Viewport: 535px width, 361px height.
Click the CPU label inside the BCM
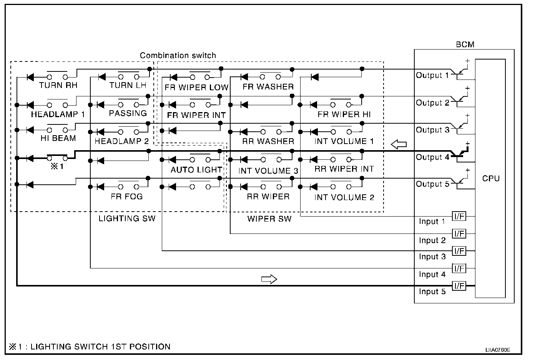click(x=491, y=178)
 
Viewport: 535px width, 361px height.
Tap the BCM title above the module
click(x=465, y=45)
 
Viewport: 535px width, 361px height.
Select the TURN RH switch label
click(x=58, y=85)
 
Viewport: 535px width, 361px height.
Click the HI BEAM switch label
click(x=58, y=138)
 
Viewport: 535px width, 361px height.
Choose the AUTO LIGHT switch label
click(x=196, y=169)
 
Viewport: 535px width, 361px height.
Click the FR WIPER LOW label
click(x=196, y=87)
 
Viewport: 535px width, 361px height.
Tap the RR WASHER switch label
click(x=268, y=141)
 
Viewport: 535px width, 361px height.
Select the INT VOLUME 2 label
click(x=344, y=197)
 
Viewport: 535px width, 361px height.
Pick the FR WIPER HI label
click(x=344, y=114)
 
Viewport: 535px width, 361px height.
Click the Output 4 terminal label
click(x=432, y=157)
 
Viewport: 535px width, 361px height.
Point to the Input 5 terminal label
click(x=432, y=291)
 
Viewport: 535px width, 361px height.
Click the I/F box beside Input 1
click(x=459, y=217)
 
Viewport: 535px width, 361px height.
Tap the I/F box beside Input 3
click(x=459, y=251)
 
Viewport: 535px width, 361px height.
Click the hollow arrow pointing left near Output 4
click(x=399, y=144)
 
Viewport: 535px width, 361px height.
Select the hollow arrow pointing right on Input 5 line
click(x=269, y=279)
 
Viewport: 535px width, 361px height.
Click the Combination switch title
click(x=178, y=55)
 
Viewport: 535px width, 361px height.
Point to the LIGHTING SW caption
click(x=127, y=219)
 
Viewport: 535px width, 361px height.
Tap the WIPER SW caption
click(x=269, y=219)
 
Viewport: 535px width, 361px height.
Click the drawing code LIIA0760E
click(x=497, y=350)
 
